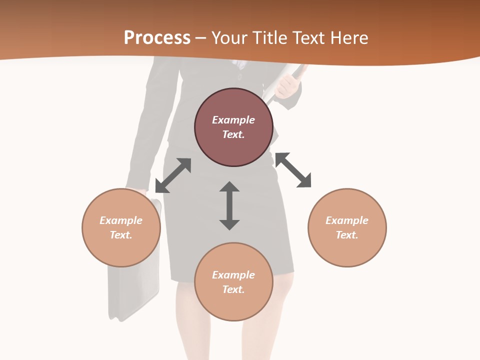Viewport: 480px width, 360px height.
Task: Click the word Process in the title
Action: coord(157,38)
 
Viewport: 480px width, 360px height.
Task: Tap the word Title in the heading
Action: coord(269,38)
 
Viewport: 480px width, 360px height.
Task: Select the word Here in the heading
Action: coord(349,38)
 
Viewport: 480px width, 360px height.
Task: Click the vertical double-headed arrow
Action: coord(229,205)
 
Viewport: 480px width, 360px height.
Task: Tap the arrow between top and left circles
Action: coord(173,175)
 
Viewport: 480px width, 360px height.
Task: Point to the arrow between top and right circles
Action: coord(293,170)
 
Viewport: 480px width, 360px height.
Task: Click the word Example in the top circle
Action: coord(233,120)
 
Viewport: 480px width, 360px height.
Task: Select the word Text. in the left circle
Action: coord(121,235)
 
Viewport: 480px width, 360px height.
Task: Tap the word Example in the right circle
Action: coord(347,220)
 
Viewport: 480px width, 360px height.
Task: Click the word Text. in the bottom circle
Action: coord(233,289)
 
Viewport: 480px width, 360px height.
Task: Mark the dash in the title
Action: coord(201,38)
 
